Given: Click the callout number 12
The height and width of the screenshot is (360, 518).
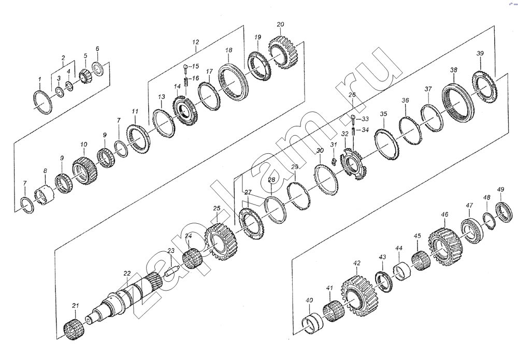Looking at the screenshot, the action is pyautogui.click(x=196, y=42).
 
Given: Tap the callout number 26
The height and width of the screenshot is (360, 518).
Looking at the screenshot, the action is pyautogui.click(x=352, y=95).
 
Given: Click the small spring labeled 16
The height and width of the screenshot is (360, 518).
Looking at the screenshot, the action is pyautogui.click(x=186, y=81).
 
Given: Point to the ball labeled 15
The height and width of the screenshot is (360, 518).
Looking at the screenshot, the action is pyautogui.click(x=186, y=68).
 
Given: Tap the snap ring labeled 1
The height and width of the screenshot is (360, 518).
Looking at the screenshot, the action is pyautogui.click(x=43, y=102).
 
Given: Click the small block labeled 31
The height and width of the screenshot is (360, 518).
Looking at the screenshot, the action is pyautogui.click(x=334, y=161).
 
